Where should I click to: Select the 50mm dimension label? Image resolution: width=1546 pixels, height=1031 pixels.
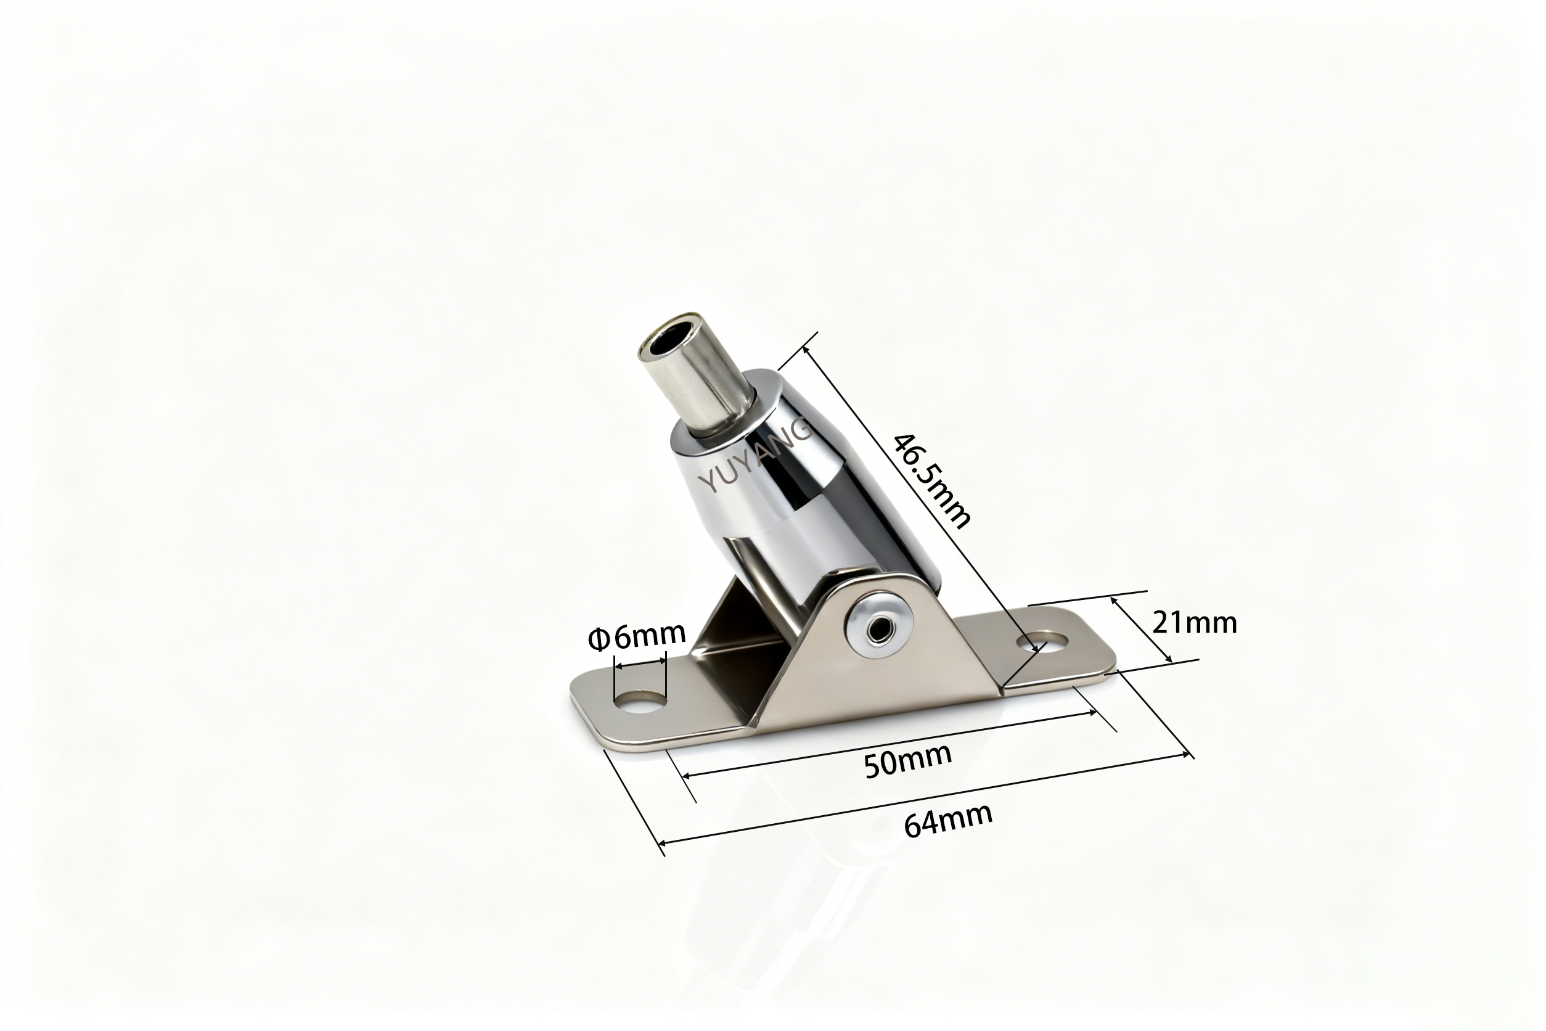(x=908, y=762)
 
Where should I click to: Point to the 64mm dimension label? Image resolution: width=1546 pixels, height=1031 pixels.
(x=948, y=821)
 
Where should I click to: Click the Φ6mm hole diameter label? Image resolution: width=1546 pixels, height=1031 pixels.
(x=636, y=636)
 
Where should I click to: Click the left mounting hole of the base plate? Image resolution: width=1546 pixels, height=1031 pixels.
(x=639, y=702)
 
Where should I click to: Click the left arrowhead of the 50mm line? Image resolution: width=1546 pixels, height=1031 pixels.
(x=685, y=776)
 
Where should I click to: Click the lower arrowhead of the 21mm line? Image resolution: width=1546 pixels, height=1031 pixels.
(x=1169, y=660)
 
